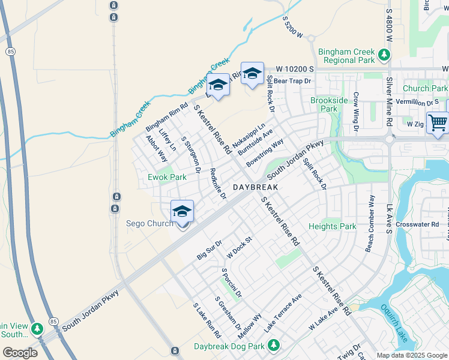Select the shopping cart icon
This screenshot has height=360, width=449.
(438, 122)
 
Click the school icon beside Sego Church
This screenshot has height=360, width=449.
(182, 212)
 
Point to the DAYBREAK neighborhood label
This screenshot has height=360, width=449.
(255, 187)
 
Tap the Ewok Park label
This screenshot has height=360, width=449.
(167, 177)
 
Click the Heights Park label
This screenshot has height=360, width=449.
(333, 226)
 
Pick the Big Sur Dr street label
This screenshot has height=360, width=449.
(209, 250)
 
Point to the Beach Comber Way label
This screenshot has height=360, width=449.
(370, 223)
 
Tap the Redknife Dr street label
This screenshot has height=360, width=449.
(218, 183)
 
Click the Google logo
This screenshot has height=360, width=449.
(20, 353)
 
